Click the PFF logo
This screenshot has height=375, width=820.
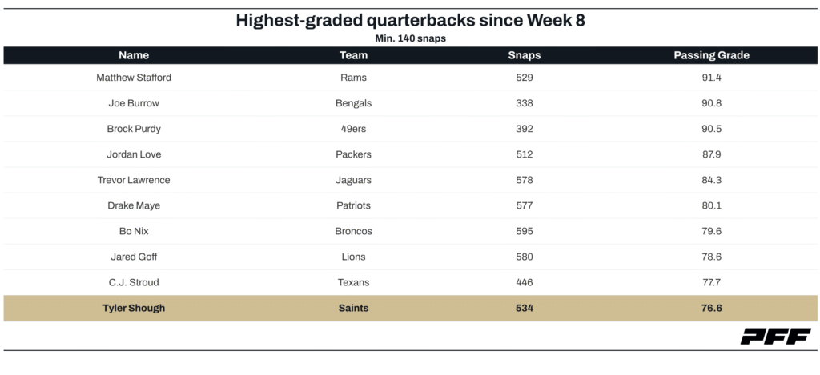point(774,337)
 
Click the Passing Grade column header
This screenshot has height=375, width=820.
point(711,55)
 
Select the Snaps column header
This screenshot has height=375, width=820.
point(525,55)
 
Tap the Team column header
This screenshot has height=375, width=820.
point(353,55)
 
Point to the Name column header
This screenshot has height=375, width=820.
point(134,55)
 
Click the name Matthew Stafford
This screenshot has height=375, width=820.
point(134,78)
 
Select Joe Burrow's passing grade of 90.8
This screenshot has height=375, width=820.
point(711,103)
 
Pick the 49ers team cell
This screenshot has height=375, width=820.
point(353,129)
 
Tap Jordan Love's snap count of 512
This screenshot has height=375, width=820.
point(525,154)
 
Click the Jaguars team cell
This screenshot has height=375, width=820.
point(353,180)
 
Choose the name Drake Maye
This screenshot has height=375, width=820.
point(134,205)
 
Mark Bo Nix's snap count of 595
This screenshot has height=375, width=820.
point(525,231)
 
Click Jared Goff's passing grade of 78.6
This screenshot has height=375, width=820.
point(711,257)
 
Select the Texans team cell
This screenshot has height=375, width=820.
point(353,282)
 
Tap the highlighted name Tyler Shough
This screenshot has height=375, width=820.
point(134,308)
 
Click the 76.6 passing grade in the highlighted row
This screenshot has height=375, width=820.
point(711,308)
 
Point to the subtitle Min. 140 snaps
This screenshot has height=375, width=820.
point(409,38)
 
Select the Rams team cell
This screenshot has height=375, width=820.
point(353,78)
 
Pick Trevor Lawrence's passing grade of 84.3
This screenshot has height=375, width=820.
point(711,180)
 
